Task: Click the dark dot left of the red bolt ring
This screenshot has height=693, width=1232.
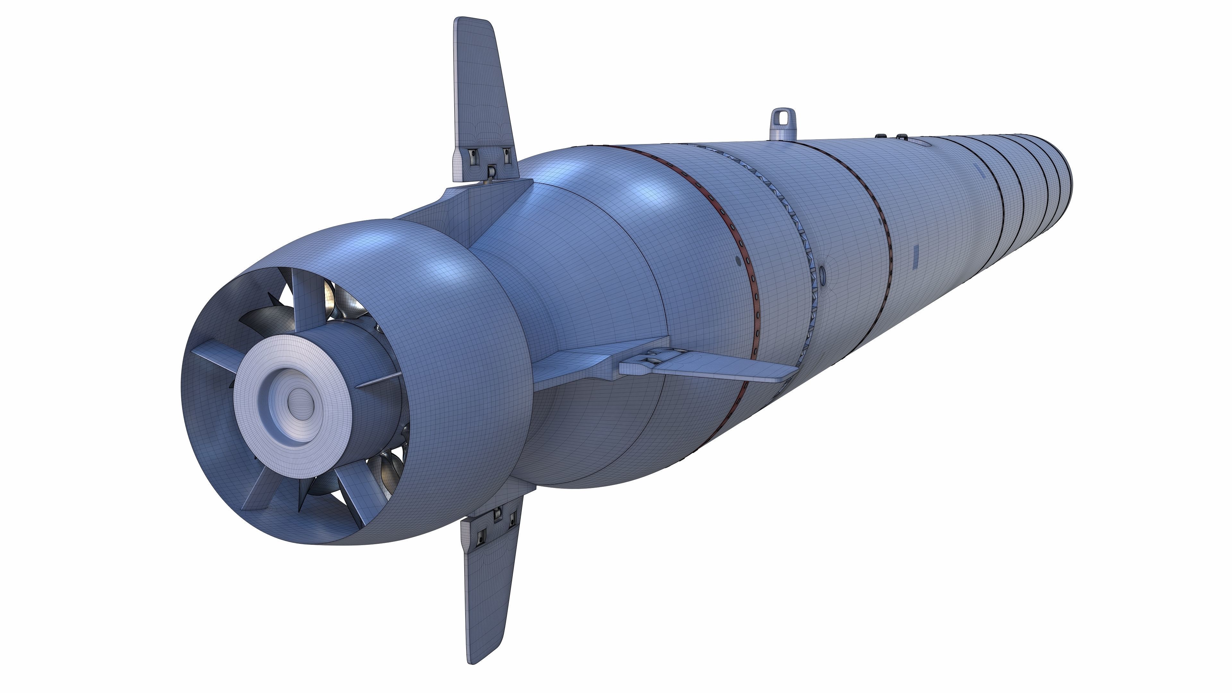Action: [x=738, y=261]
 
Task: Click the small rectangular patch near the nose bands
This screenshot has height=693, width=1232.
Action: [x=981, y=174]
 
